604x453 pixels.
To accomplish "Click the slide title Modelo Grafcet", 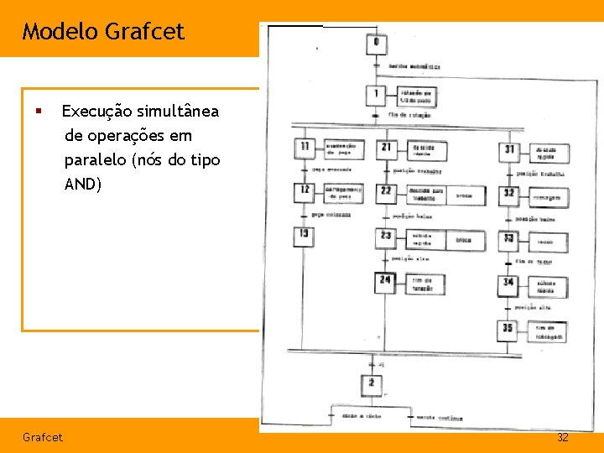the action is point(102,32).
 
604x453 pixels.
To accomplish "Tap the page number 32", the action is point(563,438).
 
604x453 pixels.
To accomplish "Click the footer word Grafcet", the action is point(43,438).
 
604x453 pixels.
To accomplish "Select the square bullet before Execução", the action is point(37,111).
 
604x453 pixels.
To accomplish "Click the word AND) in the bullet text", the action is point(82,184).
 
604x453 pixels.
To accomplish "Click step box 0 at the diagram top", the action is point(376,42).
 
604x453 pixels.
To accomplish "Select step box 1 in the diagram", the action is point(377,94).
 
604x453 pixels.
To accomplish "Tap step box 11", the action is point(304,148).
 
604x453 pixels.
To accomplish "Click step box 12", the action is point(304,191).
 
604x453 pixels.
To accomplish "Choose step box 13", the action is point(304,236).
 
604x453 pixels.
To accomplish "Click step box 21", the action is point(386,148).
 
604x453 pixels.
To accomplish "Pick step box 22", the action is point(386,192).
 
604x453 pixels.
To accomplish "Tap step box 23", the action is point(386,237).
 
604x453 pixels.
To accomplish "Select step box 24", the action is point(386,281).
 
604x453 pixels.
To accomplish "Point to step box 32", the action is point(509,194).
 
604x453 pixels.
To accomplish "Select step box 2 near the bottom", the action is point(372,384).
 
